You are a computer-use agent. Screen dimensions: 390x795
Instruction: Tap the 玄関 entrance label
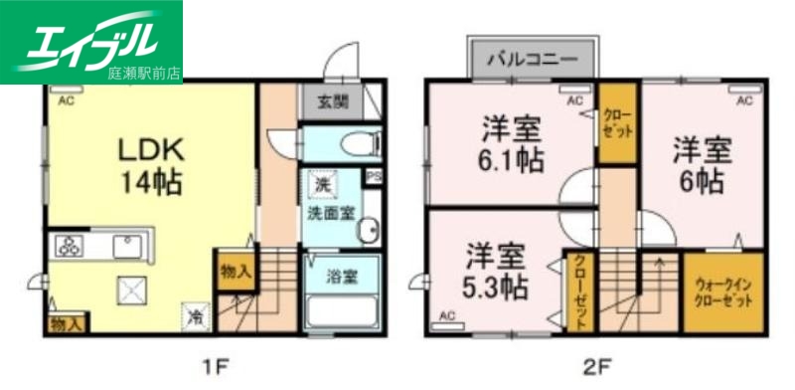point(332,101)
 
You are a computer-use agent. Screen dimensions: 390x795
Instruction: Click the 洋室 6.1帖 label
point(514,143)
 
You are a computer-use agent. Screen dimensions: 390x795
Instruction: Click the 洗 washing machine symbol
point(321,184)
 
